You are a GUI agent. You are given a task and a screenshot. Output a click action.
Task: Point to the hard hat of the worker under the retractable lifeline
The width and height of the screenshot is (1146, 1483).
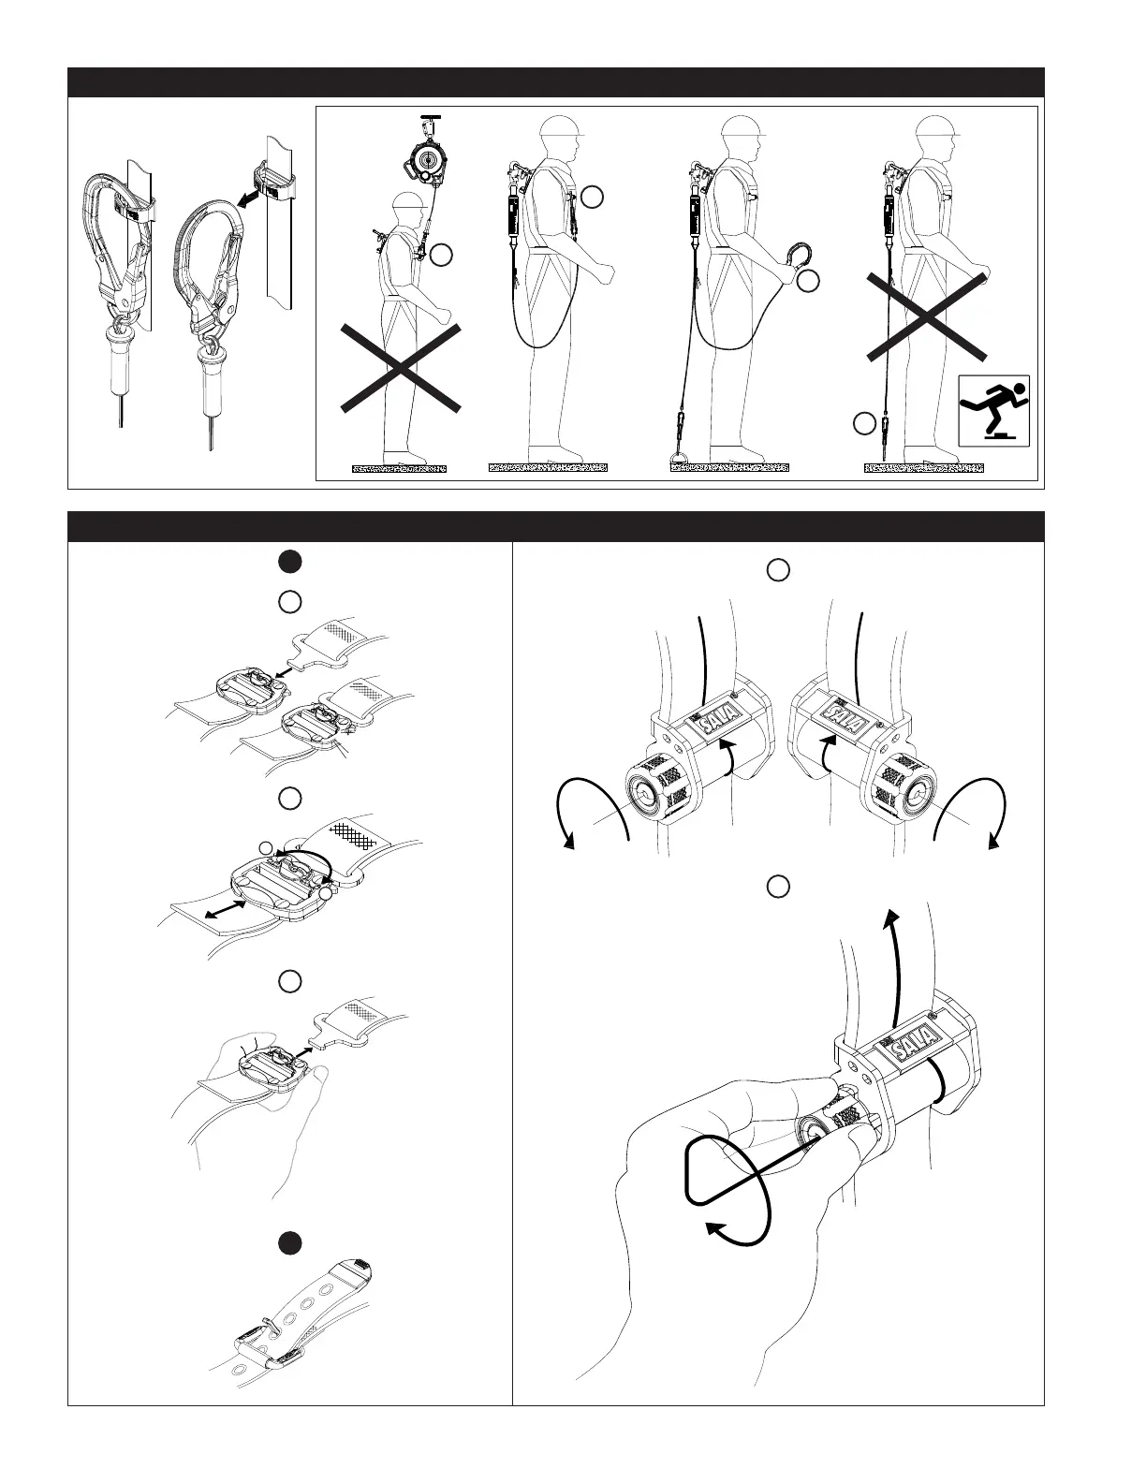pos(408,203)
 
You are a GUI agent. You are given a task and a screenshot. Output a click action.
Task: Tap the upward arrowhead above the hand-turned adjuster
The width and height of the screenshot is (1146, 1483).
pos(893,914)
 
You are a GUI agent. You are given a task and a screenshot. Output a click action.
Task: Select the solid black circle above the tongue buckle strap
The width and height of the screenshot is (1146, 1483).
pos(290,1242)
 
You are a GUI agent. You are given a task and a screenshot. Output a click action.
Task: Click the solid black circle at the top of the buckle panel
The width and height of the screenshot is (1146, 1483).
pos(290,561)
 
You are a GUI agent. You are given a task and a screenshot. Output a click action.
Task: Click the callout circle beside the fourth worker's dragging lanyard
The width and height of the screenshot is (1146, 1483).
pos(865,424)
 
